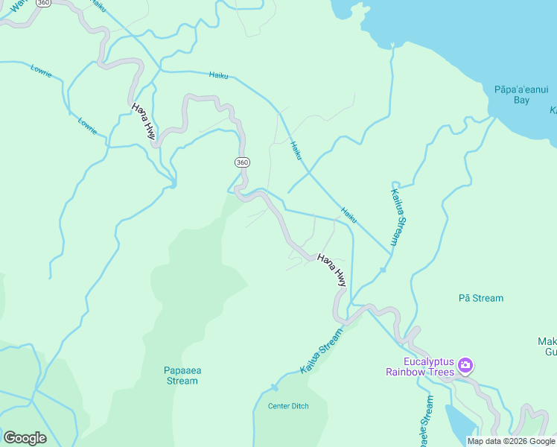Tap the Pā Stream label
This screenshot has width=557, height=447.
[480, 298]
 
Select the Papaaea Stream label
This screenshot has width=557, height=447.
[181, 375]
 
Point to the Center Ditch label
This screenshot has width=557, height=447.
[288, 406]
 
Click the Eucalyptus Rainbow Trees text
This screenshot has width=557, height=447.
[420, 366]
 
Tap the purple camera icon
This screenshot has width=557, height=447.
[465, 365]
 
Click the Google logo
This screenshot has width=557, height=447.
[25, 438]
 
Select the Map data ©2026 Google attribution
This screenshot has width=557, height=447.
[511, 441]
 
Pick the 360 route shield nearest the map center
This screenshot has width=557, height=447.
[242, 162]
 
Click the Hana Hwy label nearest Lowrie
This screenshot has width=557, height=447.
[144, 121]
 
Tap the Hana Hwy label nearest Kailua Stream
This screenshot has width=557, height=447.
[331, 270]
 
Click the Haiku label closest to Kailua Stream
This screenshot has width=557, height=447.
[348, 214]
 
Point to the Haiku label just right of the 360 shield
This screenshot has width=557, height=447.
[296, 149]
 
